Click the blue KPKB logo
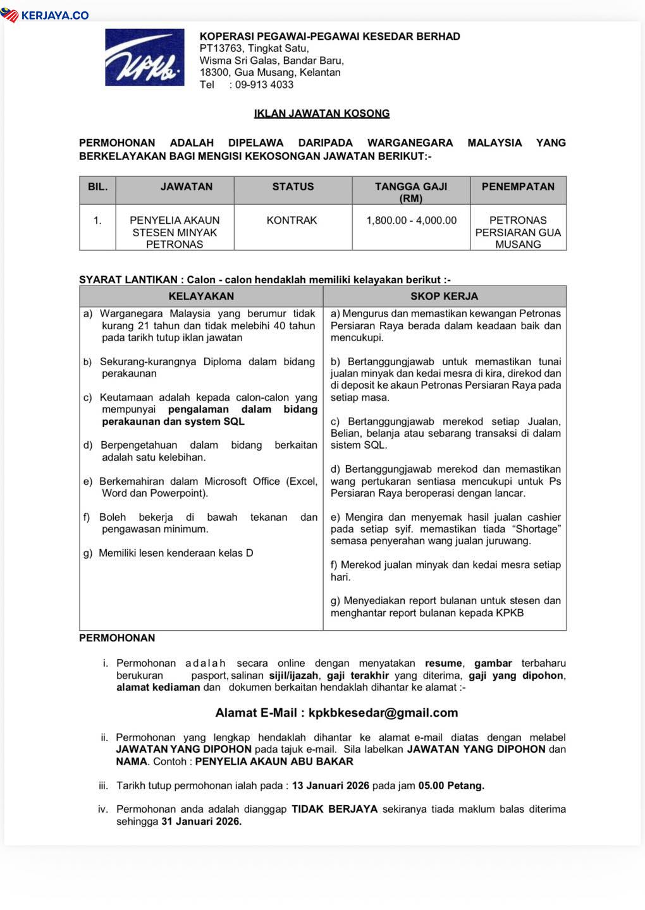[145, 58]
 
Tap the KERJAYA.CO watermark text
[54, 15]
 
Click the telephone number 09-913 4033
[264, 85]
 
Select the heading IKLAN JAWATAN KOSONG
[322, 114]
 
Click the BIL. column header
[97, 187]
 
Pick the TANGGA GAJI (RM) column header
[411, 192]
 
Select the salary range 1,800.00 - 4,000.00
[411, 221]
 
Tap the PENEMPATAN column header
[518, 187]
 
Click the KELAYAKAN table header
[201, 296]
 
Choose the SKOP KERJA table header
[445, 296]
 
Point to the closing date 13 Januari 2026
[331, 786]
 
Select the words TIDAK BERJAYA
[335, 809]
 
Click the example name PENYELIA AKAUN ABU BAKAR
[274, 761]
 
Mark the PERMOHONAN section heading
[117, 638]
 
